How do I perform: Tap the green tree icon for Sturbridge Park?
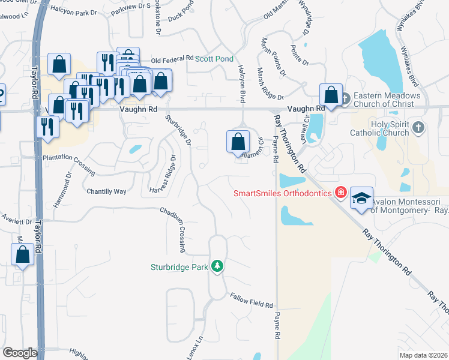[217, 266]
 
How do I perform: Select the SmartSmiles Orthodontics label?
[283, 193]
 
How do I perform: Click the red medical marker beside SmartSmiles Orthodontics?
[341, 193]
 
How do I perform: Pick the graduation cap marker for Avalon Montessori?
[362, 199]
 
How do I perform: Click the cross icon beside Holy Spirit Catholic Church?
[419, 127]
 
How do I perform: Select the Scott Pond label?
[214, 59]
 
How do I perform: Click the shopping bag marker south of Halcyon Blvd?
[238, 142]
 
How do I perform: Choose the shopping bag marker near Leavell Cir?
[331, 94]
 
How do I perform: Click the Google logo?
[20, 353]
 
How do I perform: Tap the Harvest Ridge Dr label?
[163, 176]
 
